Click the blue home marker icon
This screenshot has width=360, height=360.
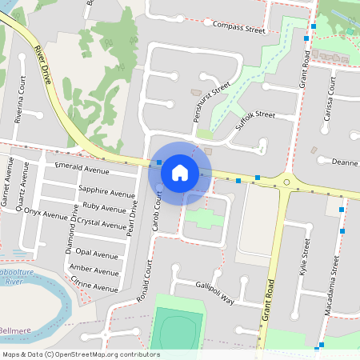(180, 173)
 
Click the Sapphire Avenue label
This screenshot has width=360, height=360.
(107, 193)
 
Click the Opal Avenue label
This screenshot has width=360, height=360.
(96, 254)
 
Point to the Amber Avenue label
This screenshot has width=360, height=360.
(93, 269)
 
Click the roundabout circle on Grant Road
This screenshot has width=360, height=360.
(286, 182)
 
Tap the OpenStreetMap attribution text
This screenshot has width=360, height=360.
(81, 354)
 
